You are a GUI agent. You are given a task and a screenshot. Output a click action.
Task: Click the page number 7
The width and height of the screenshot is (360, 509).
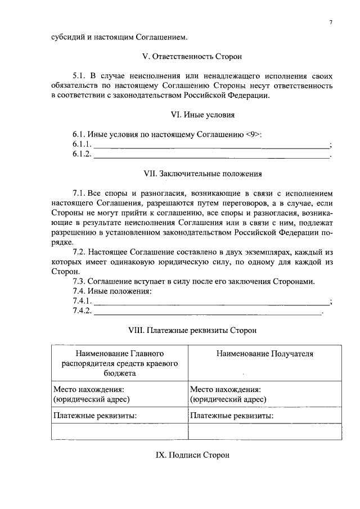pyautogui.click(x=331, y=22)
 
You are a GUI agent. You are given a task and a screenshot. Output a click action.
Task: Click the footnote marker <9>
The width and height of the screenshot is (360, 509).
pyautogui.click(x=253, y=134)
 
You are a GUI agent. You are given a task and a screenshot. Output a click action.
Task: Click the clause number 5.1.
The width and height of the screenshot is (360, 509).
pyautogui.click(x=80, y=76)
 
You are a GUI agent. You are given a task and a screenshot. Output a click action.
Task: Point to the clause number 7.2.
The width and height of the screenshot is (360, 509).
pyautogui.click(x=81, y=252)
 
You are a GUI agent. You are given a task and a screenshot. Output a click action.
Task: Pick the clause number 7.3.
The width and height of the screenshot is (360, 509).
pyautogui.click(x=81, y=282)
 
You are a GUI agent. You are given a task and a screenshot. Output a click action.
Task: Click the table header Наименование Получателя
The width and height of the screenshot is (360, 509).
pyautogui.click(x=264, y=354)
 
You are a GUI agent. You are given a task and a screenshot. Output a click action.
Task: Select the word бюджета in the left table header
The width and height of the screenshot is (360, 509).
pyautogui.click(x=119, y=372)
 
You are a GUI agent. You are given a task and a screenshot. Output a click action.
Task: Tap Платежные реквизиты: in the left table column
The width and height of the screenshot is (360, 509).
pyautogui.click(x=95, y=416)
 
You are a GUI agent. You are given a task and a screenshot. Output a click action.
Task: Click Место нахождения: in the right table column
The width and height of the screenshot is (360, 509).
pyautogui.click(x=225, y=389)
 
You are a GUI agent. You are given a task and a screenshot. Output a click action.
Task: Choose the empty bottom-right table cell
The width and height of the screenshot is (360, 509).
pyautogui.click(x=264, y=431)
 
